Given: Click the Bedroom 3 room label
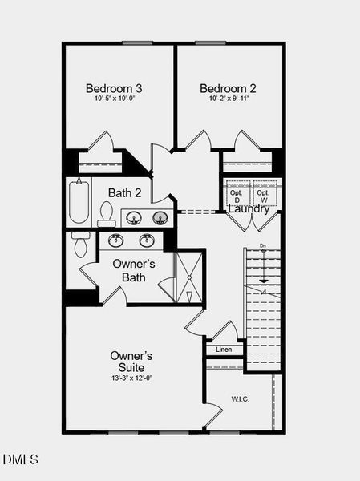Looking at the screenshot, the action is pos(114,88).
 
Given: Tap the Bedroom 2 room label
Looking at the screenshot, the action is pos(228,88).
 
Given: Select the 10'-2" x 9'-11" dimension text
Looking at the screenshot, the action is pos(229,99).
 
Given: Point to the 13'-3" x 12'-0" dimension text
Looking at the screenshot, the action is pos(131,378).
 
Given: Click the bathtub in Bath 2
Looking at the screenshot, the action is pos(79,201).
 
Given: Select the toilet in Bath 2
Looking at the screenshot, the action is pos(106,214).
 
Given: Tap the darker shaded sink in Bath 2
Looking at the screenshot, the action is pos(160,218).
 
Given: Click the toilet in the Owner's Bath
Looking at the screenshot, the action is pos(81,245).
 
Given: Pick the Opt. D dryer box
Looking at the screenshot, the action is pos(239,193).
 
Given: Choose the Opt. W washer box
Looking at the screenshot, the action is pos(265,193).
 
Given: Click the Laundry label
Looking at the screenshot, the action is pos(249,209).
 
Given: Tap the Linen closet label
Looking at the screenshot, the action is pos(224,350).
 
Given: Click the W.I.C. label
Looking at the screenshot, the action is pos(240,399).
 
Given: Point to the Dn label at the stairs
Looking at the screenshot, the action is pos(263,245).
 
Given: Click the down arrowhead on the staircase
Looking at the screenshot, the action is pos(264,281).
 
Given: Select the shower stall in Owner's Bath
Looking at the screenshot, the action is pos(189,277).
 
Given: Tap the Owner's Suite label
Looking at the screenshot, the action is pos(131,362).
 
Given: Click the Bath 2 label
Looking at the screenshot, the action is pos(125,193).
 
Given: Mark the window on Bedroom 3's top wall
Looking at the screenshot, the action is pos(137,43).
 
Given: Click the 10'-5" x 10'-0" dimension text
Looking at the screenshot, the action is pos(115,99).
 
